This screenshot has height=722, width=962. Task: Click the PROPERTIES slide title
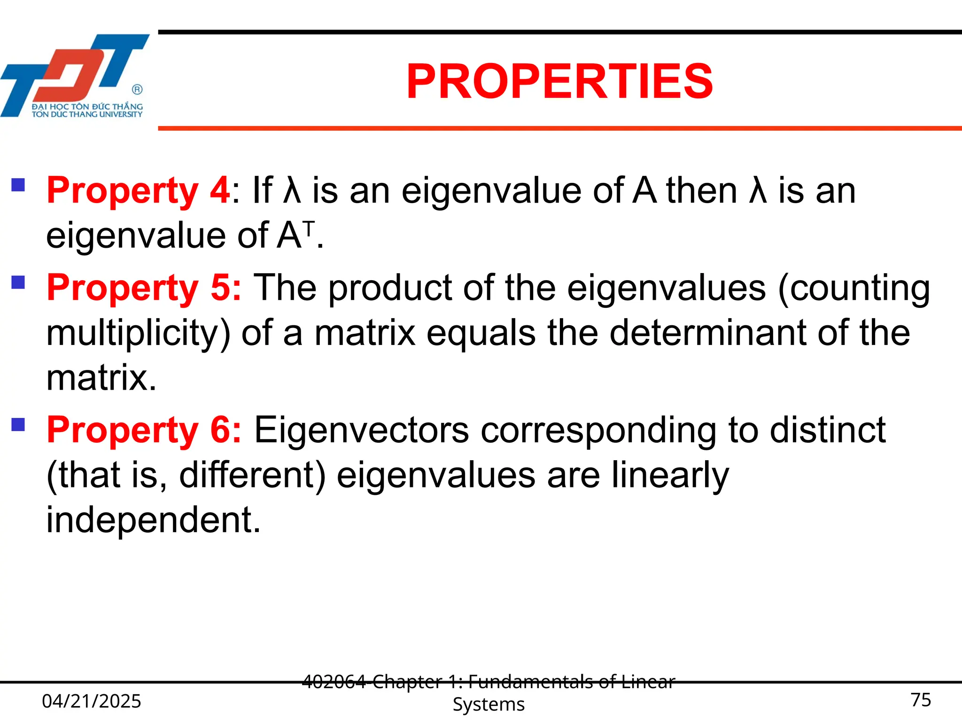coord(559,82)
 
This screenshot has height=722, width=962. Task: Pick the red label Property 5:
coord(144,288)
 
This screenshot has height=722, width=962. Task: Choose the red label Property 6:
coord(144,430)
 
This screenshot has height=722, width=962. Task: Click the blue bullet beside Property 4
coord(18,184)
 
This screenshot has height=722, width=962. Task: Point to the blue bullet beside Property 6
coord(18,424)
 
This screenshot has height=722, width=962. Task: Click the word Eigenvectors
coord(361,430)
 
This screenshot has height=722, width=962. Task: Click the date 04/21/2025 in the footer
coord(92,701)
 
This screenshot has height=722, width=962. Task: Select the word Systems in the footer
coord(489,704)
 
